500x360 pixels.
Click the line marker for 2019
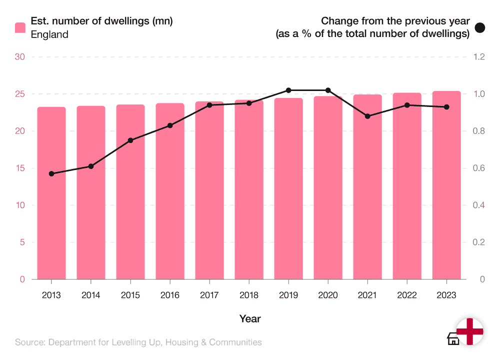[288, 90]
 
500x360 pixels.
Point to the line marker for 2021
[367, 116]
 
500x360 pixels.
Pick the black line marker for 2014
[91, 166]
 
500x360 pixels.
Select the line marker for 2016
[170, 125]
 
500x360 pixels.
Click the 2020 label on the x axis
[327, 295]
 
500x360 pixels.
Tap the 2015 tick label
[130, 295]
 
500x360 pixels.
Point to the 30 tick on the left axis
[20, 57]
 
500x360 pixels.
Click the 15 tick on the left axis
[20, 168]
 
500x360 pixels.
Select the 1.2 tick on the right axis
[479, 57]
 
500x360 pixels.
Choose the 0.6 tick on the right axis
[479, 168]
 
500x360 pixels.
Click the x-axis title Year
[250, 318]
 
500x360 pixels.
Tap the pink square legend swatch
[20, 27]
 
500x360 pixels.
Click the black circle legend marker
[480, 27]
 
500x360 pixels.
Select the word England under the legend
[49, 34]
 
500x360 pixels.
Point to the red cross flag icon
[470, 331]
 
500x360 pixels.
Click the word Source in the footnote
[28, 342]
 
